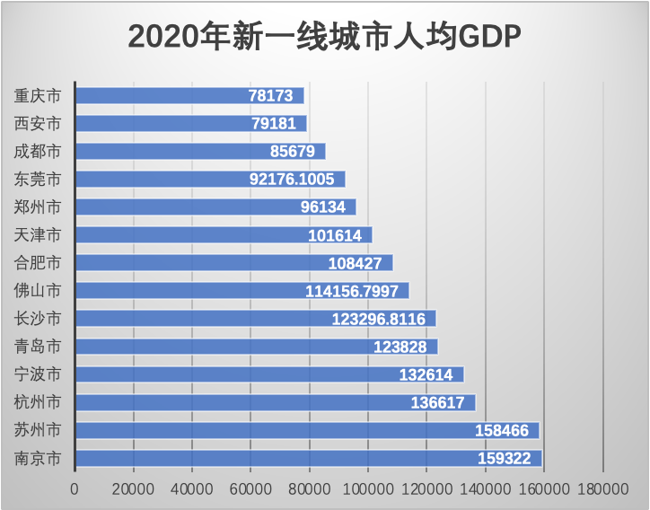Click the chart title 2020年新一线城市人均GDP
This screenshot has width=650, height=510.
point(325,38)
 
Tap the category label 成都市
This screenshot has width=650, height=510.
point(39,151)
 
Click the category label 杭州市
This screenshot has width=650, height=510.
point(39,402)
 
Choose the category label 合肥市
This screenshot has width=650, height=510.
point(39,263)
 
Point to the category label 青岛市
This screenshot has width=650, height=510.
point(39,347)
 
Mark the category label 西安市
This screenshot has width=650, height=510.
point(39,123)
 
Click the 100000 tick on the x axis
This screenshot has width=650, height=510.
point(367,488)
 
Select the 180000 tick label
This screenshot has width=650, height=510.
point(602,488)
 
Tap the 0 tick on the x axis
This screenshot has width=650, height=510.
point(75,488)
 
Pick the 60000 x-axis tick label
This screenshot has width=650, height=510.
point(250,488)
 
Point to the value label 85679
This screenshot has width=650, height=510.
point(292,152)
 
